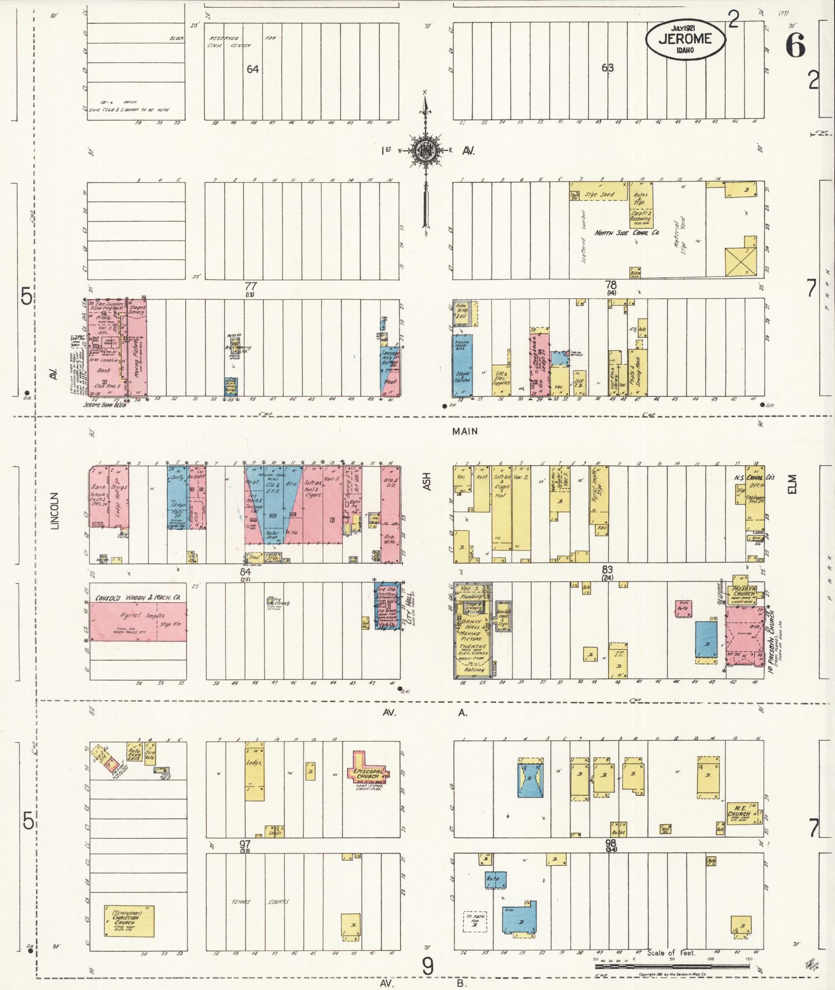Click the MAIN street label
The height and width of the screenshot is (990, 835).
[464, 431]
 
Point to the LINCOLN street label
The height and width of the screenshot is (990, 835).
[55, 511]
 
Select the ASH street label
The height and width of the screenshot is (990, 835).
[427, 481]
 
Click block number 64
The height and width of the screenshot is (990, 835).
[252, 69]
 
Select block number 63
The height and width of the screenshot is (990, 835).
[607, 67]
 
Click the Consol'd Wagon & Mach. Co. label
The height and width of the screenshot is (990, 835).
[138, 597]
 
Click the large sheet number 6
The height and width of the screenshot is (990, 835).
[795, 47]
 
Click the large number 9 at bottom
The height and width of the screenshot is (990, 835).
[428, 966]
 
